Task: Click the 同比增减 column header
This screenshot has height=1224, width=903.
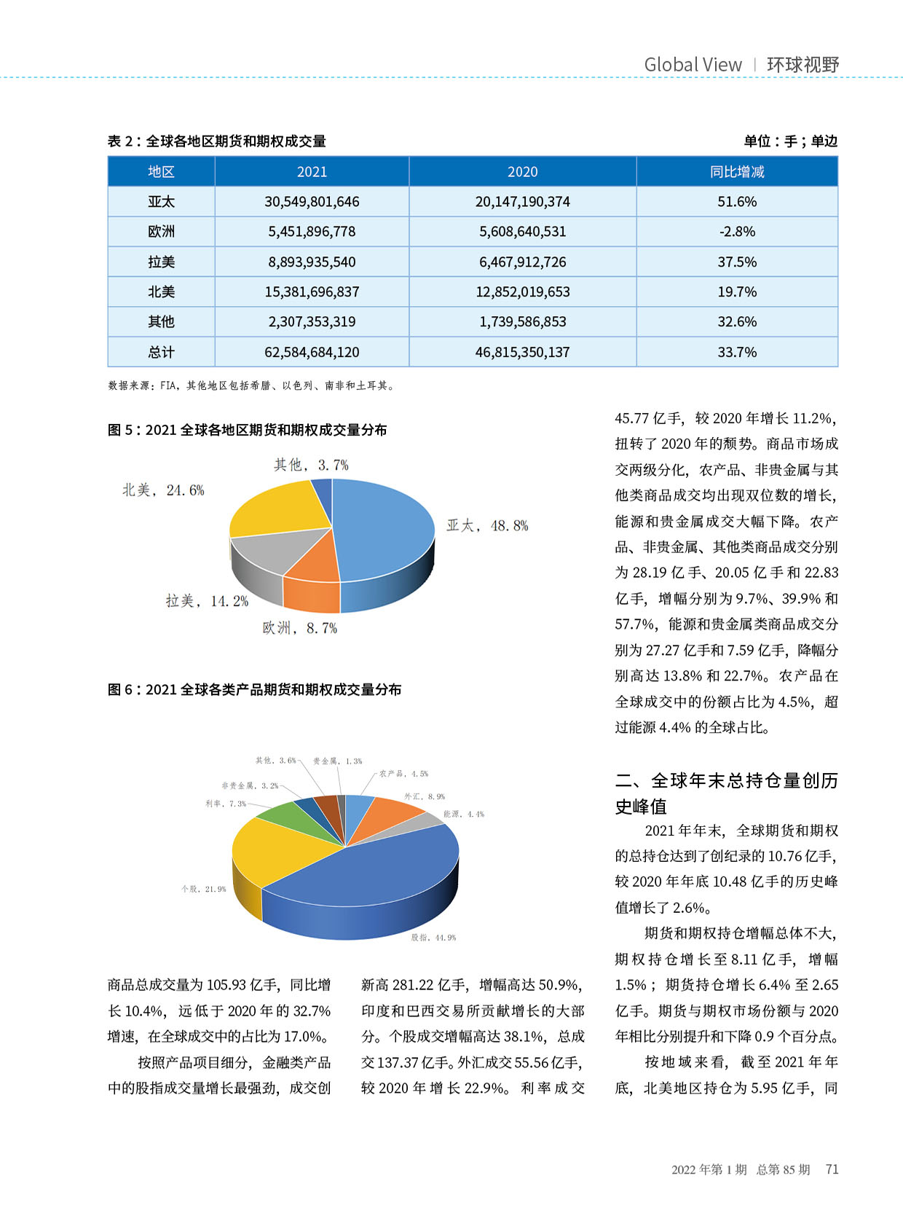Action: [x=736, y=172]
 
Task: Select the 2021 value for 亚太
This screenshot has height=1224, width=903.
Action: [x=312, y=202]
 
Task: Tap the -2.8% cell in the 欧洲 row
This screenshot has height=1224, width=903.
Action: [x=736, y=232]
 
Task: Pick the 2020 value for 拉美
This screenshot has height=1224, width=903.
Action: [x=522, y=262]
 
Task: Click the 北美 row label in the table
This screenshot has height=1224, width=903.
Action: [x=161, y=291]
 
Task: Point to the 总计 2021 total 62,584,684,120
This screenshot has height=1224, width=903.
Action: [x=312, y=352]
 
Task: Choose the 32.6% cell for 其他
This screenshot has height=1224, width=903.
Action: [x=736, y=321]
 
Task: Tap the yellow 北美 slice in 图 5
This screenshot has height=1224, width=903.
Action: [x=273, y=510]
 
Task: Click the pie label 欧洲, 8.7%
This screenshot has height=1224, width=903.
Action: [x=300, y=628]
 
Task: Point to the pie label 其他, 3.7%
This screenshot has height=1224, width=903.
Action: [x=311, y=465]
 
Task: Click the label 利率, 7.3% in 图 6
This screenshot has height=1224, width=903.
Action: [x=226, y=804]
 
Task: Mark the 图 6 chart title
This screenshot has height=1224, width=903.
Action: [x=254, y=689]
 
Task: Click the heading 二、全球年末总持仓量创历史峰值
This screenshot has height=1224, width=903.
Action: [x=726, y=793]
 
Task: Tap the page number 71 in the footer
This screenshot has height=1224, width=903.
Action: [x=832, y=1169]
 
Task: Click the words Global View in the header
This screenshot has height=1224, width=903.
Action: [x=693, y=65]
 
